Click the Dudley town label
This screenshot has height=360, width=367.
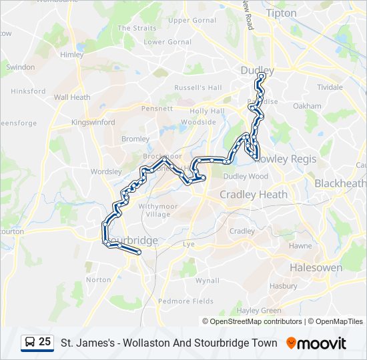[257, 69]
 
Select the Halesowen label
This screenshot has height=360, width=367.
[316, 267]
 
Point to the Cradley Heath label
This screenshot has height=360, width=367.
[254, 195]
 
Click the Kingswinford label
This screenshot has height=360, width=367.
[93, 123]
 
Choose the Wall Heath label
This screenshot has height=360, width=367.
[72, 97]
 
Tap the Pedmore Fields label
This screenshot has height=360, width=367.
[186, 301]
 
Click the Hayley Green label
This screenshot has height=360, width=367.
[260, 311]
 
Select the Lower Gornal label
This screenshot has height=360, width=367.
[163, 42]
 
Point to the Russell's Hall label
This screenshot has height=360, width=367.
[198, 87]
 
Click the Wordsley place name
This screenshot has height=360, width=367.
[106, 171]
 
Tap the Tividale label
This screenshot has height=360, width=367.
[330, 87]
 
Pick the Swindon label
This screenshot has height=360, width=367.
[20, 67]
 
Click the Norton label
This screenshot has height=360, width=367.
[99, 280]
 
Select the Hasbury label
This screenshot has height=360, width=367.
[284, 287]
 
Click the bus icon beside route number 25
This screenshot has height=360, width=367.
[30, 343]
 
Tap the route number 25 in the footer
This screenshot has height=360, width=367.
[45, 342]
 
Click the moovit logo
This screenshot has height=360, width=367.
[316, 343]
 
